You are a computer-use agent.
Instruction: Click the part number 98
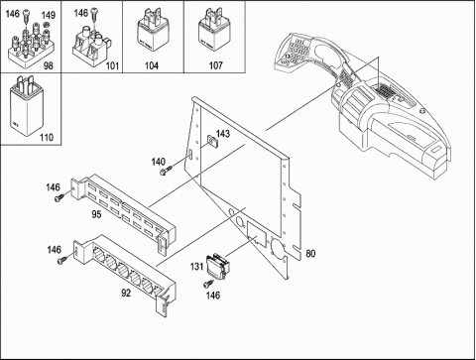[49, 65]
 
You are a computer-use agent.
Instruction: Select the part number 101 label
[112, 65]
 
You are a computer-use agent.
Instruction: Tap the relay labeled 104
[153, 33]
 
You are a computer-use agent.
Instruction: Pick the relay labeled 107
[214, 33]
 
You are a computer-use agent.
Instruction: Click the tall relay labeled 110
[26, 105]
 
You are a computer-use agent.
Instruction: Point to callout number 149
[49, 15]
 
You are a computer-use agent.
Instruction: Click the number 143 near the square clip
[223, 134]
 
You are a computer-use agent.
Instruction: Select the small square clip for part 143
[212, 141]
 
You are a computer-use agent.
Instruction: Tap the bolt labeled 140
[166, 171]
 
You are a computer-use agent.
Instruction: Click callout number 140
[159, 162]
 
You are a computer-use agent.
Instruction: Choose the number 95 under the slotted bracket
[96, 214]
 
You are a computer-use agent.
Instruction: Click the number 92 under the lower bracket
[126, 293]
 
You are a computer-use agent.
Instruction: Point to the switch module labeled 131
[217, 265]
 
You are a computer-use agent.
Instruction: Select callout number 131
[196, 266]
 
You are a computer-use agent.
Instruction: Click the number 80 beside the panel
[310, 254]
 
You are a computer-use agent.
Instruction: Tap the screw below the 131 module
[208, 283]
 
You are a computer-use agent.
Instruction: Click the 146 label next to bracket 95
[53, 187]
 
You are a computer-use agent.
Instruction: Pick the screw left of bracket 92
[62, 260]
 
